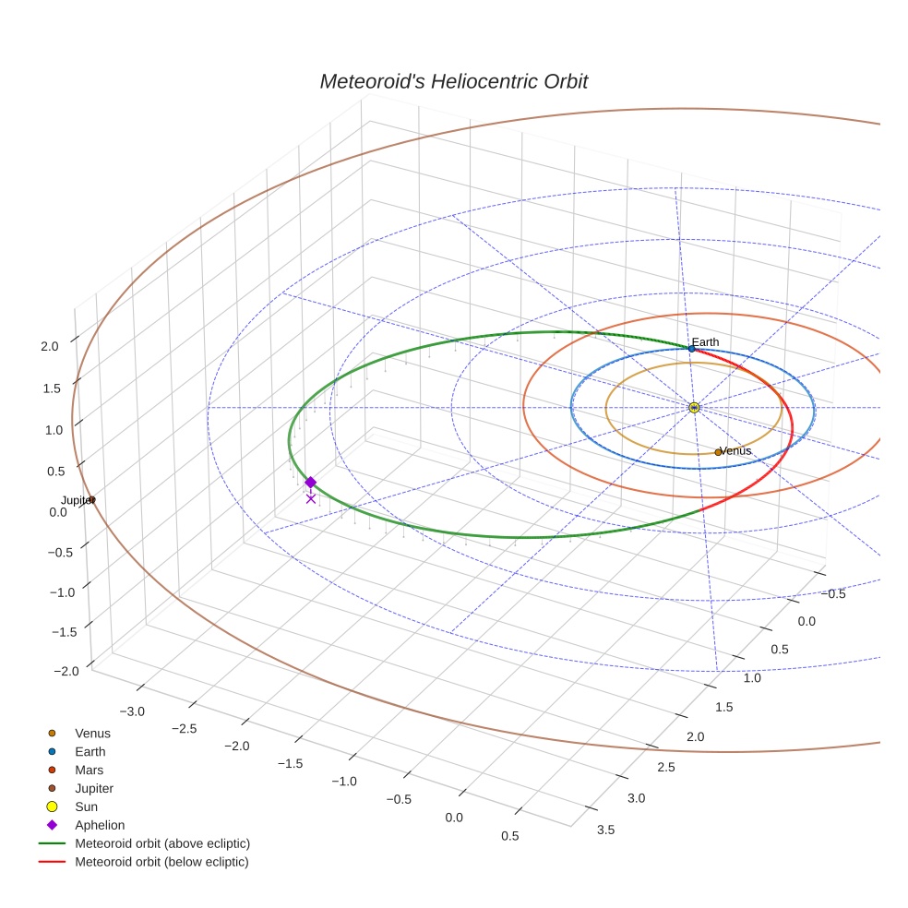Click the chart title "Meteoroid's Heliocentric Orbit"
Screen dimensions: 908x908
[453, 81]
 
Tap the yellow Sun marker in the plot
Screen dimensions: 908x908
[694, 407]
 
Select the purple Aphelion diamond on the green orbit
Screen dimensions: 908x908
[310, 482]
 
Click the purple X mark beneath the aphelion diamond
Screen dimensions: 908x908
[310, 498]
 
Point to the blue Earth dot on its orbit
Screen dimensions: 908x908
[691, 349]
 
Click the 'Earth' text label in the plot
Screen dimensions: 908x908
[705, 342]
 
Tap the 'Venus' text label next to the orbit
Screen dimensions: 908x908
[735, 450]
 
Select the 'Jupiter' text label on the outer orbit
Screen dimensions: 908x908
[77, 499]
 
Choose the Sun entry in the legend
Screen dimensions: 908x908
[86, 806]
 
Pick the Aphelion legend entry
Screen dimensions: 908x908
[99, 825]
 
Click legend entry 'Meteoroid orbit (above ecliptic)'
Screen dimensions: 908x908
[162, 843]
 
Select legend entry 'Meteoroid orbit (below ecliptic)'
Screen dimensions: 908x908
[161, 862]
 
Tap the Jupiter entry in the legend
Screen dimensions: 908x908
[94, 788]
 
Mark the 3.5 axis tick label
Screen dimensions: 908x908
[606, 829]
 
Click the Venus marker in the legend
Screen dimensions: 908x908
[52, 733]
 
